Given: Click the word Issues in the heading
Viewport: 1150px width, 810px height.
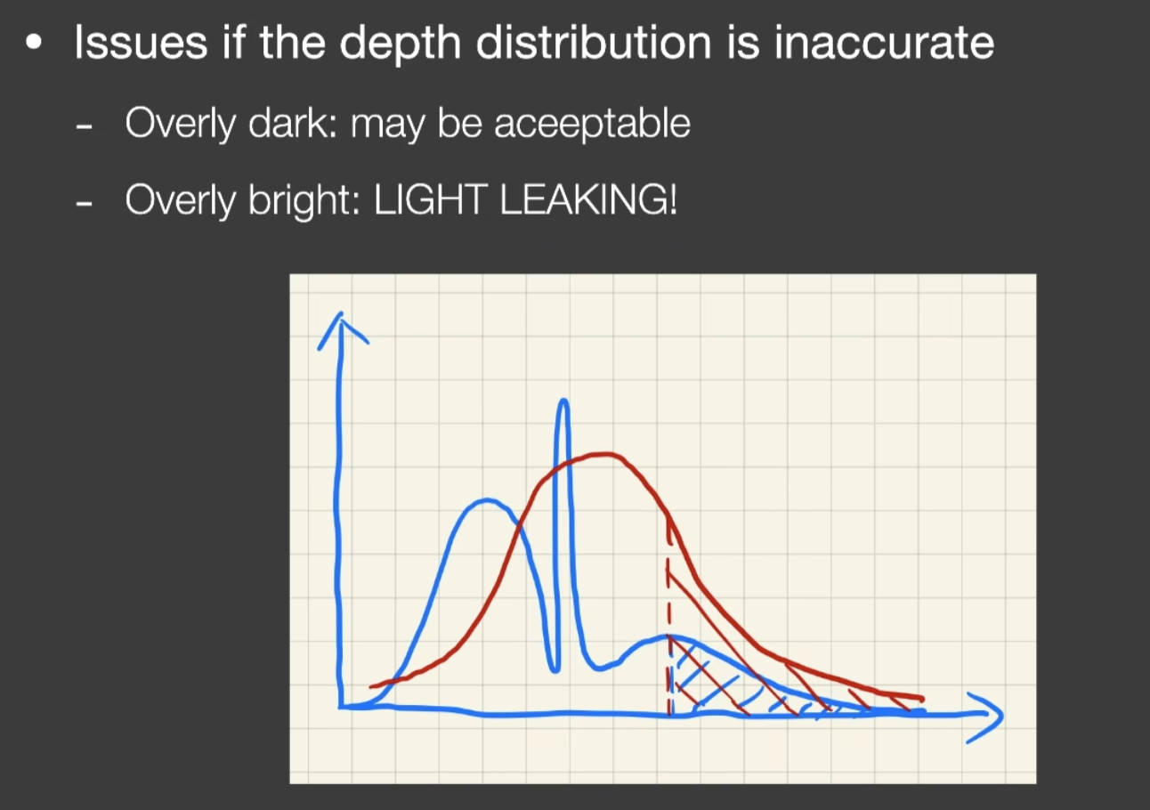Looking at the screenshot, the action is pos(141,43).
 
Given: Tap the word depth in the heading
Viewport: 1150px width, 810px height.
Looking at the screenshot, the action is pos(400,45).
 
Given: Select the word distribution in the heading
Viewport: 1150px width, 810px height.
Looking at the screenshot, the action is pos(593,43).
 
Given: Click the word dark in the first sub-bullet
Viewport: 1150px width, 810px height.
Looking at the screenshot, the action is pos(293,123).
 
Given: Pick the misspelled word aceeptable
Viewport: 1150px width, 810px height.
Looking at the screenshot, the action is pos(592,126).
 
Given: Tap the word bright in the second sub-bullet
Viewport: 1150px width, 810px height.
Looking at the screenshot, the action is pos(304,201).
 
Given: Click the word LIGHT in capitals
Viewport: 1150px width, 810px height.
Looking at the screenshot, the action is pos(430,199).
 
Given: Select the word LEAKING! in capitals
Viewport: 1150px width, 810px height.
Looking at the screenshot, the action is pos(588,199).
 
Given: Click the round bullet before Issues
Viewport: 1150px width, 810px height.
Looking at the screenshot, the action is pos(34,42).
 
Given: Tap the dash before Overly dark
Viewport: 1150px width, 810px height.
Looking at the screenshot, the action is pos(84,126).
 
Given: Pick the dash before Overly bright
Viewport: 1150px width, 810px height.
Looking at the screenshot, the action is pos(84,204).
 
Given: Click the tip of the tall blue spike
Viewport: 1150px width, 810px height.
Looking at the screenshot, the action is pos(563,400).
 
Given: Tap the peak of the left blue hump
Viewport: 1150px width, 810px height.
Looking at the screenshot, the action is pos(486,500).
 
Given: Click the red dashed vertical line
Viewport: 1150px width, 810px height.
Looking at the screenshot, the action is pos(669,616).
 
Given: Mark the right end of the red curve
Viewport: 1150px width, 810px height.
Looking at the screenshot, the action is pos(922,699).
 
